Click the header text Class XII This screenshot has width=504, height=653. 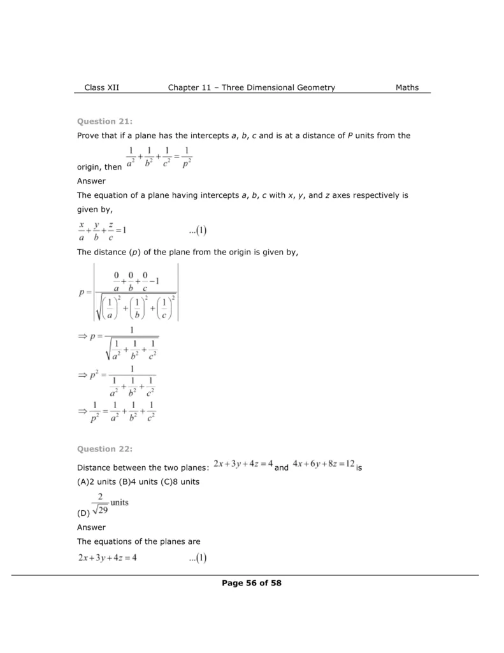click(101, 87)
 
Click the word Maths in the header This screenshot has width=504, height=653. click(407, 87)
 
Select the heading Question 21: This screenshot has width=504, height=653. click(104, 121)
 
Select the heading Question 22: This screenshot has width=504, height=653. click(104, 449)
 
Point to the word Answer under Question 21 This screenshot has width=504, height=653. click(91, 180)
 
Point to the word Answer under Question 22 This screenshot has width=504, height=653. click(91, 527)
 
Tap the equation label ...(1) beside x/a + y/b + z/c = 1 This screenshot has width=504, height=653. click(194, 231)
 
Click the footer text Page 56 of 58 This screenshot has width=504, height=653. click(252, 582)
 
